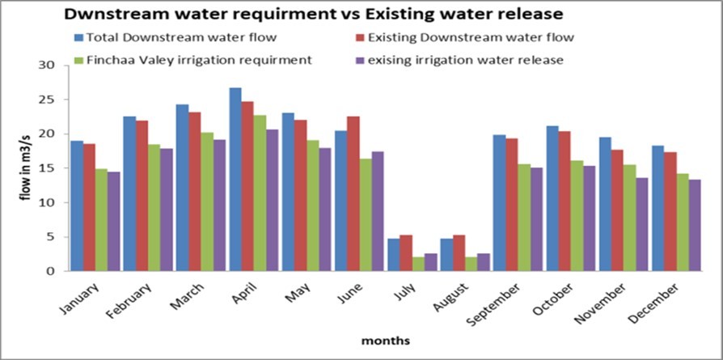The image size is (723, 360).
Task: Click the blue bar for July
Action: tap(394, 255)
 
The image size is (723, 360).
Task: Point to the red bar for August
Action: tap(459, 253)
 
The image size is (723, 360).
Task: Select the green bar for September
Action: tap(525, 218)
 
